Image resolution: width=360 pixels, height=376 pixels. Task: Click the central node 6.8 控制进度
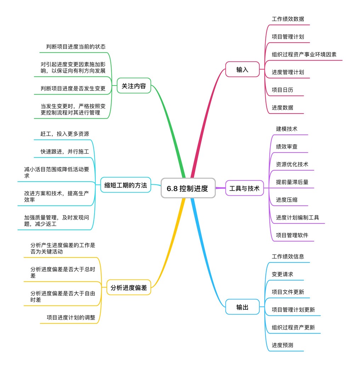188,188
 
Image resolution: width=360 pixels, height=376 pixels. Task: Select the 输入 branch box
242,70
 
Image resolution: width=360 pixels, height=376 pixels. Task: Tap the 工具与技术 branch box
244,188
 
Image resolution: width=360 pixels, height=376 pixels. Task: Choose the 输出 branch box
242,307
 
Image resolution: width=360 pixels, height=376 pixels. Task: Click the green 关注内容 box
134,86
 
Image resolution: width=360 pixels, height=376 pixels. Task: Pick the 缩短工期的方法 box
125,185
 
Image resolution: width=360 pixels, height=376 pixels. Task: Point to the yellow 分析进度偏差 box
129,287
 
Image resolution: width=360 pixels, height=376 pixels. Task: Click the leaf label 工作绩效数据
288,19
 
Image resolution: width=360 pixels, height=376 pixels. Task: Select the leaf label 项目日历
282,90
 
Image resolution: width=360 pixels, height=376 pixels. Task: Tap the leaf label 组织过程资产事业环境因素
304,55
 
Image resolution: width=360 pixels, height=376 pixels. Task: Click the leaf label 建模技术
287,129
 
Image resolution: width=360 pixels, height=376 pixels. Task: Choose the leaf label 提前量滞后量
292,182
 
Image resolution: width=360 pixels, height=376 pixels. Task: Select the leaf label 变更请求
282,274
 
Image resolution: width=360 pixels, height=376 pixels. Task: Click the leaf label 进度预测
282,345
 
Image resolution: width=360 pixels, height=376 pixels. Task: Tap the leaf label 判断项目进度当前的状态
76,47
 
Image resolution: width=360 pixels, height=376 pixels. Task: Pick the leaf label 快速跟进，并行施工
64,152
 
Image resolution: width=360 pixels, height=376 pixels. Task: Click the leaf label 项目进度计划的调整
71,317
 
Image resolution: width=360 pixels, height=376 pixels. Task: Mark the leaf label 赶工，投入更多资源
64,134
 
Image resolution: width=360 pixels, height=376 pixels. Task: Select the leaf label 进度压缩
287,200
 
